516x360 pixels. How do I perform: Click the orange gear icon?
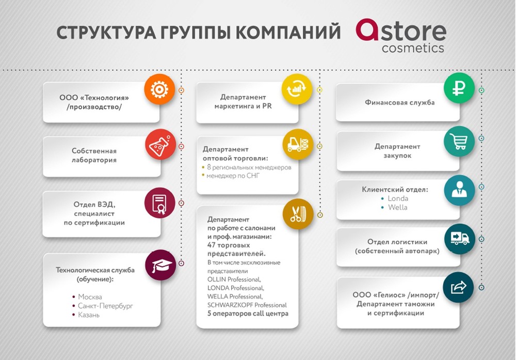pos(159,89)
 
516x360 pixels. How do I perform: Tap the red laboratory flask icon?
pos(160,144)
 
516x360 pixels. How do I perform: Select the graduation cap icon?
pos(160,265)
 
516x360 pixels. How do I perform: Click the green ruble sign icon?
pos(459,88)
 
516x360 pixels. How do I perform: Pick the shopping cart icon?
pos(459,141)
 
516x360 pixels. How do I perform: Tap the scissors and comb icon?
pos(298,214)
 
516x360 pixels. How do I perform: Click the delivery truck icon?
pos(460,239)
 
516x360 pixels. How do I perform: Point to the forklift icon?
pos(298,144)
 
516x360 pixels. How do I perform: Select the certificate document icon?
pos(160,203)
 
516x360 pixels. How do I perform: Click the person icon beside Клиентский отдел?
pos(459,190)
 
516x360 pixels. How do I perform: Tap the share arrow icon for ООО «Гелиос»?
pos(458,287)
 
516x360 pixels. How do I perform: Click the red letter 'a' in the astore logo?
pos(367,30)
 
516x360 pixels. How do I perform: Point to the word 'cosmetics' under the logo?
pos(413,48)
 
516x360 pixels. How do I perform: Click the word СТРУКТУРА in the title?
pos(106,33)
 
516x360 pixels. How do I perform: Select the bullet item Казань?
pos(89,315)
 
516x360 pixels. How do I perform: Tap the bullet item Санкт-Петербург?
pos(105,306)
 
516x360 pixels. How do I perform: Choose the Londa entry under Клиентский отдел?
pos(398,198)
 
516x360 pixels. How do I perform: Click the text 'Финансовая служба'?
pos(399,102)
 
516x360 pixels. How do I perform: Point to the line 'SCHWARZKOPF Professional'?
pos(247,305)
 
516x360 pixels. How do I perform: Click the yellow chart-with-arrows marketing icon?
pos(297,89)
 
